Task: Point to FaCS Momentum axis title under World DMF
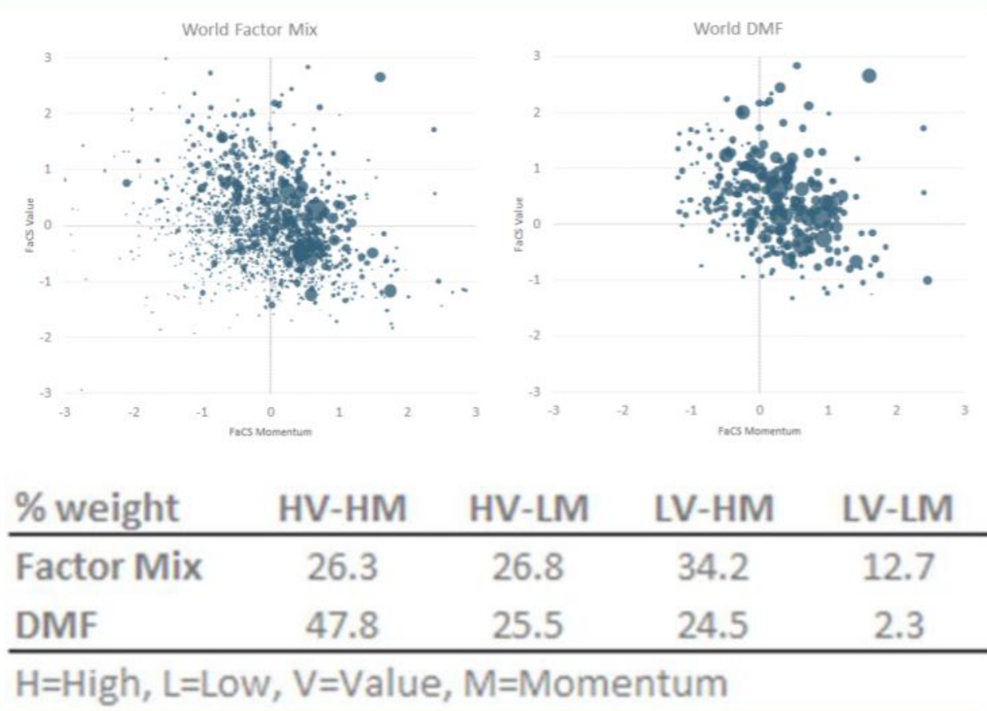tap(759, 431)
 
